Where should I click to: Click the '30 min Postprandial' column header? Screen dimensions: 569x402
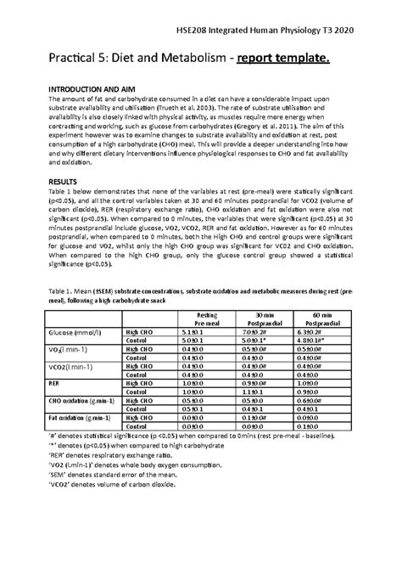click(271, 318)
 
